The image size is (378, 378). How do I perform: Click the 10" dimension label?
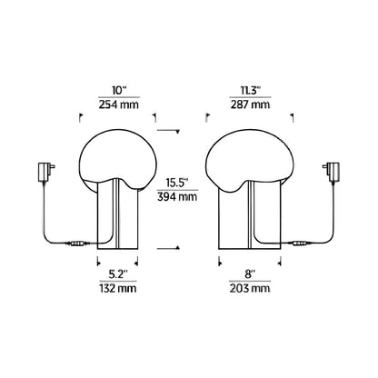[x=119, y=92]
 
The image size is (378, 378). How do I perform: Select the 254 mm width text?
[x=119, y=105]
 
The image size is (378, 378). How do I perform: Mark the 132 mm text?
[x=119, y=289]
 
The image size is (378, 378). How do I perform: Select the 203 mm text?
[x=251, y=289]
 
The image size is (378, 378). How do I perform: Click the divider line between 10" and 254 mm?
[x=119, y=99]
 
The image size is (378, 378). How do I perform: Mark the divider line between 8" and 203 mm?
[x=251, y=282]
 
